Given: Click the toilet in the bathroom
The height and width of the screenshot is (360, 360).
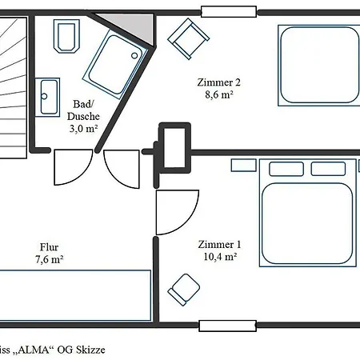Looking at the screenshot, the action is pos(66,36).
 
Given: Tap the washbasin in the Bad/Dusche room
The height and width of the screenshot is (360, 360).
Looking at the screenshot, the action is pos(47,97).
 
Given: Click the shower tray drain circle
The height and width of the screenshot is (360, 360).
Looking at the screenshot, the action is pos(134,55).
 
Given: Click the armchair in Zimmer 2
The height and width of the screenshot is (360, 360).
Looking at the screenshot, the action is pos(188,39).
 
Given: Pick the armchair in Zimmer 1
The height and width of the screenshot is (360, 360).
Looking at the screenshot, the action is pos(184,290).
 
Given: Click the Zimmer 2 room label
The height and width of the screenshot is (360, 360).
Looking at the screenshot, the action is pos(218,82).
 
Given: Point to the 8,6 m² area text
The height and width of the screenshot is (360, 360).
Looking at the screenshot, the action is pos(219,94).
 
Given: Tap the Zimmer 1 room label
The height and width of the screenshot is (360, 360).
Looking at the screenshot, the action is pos(219,244).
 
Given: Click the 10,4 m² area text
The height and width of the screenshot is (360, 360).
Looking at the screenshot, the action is pos(220,257).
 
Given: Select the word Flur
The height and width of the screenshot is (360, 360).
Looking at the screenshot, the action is pos(50,247).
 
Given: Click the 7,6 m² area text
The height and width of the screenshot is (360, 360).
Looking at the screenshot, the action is pos(50,259).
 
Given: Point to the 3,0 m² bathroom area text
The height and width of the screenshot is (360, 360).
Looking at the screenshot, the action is pos(83,129).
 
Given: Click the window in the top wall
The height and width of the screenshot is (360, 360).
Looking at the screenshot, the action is pos(229,12).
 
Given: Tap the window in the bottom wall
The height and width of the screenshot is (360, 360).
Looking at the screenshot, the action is pos(228,326).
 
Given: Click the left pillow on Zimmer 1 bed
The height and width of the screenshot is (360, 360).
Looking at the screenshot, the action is pos(286,169).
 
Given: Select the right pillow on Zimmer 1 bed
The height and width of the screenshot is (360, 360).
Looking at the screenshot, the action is pos(328,169).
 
